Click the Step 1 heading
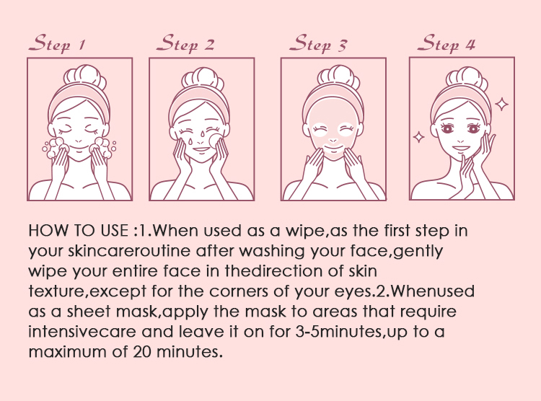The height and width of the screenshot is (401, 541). click(x=57, y=43)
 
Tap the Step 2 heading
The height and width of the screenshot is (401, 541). click(x=185, y=43)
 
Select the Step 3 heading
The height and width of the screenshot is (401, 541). click(x=318, y=43)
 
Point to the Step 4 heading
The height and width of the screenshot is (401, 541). click(x=446, y=43)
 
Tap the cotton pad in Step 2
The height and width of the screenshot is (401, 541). click(x=215, y=141)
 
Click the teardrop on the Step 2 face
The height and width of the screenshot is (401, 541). click(x=190, y=141)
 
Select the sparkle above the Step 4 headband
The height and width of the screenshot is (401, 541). click(x=501, y=104)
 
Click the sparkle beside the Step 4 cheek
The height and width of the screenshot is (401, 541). click(x=419, y=137)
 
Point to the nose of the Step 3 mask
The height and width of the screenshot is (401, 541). click(x=333, y=141)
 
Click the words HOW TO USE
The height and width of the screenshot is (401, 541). click(x=79, y=231)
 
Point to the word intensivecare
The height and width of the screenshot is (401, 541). click(x=82, y=332)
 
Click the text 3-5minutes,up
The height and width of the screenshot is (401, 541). click(x=351, y=332)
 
